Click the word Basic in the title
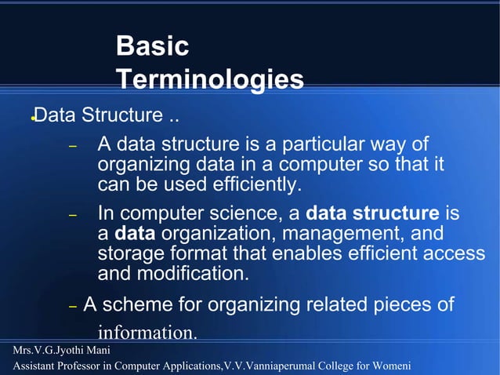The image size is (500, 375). tap(152, 46)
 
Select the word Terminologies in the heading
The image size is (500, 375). tap(209, 79)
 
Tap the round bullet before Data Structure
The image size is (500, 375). tap(32, 119)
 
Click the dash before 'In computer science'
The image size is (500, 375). tap(71, 215)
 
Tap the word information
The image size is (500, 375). tap(147, 333)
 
